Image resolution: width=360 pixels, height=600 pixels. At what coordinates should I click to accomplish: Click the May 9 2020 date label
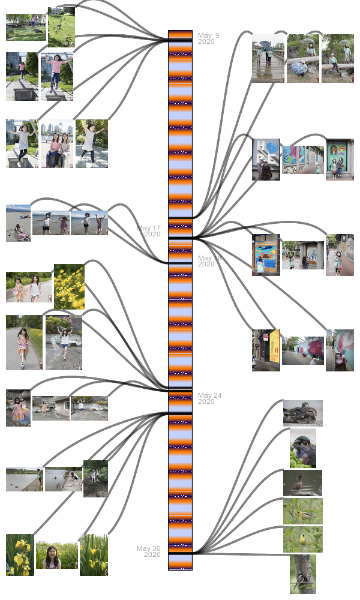pyautogui.click(x=208, y=38)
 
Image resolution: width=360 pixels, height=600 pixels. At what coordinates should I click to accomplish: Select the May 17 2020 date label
pyautogui.click(x=149, y=231)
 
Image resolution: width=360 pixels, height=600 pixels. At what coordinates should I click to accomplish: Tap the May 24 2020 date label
pyautogui.click(x=209, y=398)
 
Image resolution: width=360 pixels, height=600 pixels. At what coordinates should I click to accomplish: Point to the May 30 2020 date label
pyautogui.click(x=149, y=551)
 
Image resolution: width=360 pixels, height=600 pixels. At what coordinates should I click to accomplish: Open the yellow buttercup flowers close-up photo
pyautogui.click(x=69, y=286)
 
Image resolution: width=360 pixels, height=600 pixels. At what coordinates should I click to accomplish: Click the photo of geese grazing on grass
pyautogui.click(x=61, y=26)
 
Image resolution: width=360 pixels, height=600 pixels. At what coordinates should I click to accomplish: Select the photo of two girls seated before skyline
pyautogui.click(x=56, y=143)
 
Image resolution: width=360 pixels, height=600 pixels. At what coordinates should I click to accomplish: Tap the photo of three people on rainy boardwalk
pyautogui.click(x=268, y=58)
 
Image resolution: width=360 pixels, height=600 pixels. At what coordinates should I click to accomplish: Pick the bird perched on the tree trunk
pyautogui.click(x=302, y=574)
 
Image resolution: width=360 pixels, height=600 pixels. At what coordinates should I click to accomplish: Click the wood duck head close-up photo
pyautogui.click(x=302, y=448)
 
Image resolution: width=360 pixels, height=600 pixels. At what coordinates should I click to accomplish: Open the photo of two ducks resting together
pyautogui.click(x=302, y=413)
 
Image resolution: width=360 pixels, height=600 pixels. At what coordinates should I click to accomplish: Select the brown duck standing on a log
pyautogui.click(x=302, y=483)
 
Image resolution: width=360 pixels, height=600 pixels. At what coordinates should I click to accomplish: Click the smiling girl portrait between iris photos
pyautogui.click(x=56, y=554)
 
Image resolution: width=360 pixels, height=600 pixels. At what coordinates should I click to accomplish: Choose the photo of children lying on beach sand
pyautogui.click(x=18, y=223)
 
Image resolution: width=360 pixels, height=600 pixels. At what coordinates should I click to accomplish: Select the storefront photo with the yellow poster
pyautogui.click(x=266, y=350)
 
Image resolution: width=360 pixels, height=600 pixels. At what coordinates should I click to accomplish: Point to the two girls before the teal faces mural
pyautogui.click(x=340, y=160)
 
